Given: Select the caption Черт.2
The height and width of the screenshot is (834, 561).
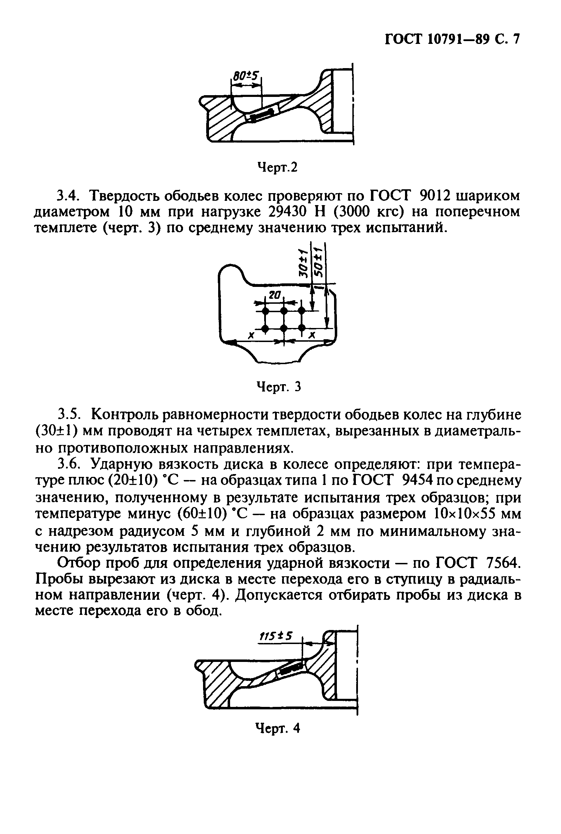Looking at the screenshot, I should click(x=277, y=167).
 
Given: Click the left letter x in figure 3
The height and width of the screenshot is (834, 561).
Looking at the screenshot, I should click(x=252, y=335).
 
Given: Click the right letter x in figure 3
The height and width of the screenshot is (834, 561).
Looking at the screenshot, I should click(x=312, y=335).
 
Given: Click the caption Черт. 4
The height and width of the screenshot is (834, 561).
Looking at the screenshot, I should click(x=277, y=728).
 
